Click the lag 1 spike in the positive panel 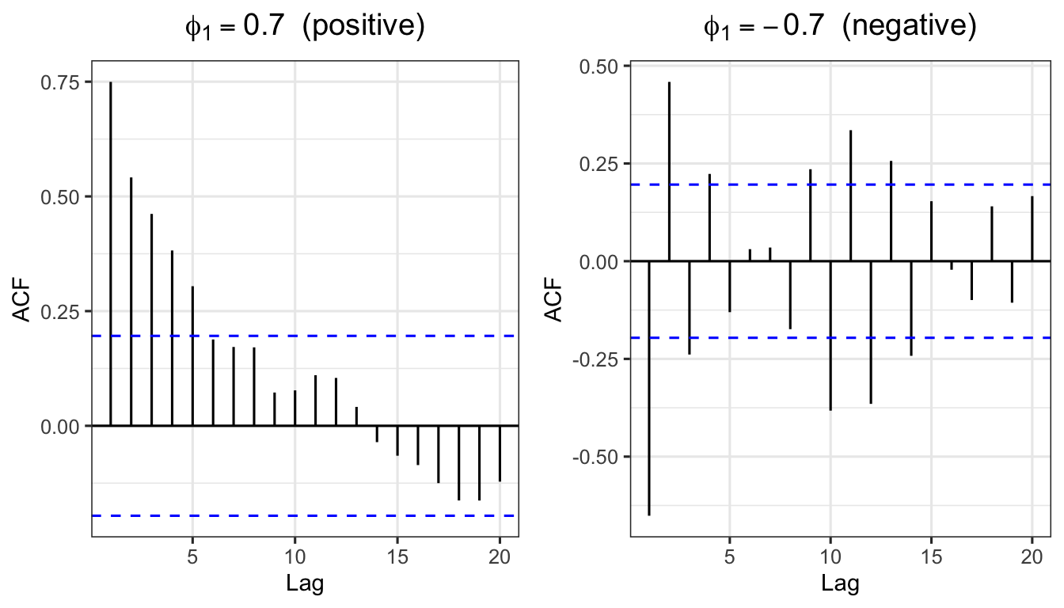pyautogui.click(x=111, y=253)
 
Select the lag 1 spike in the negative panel pyautogui.click(x=649, y=388)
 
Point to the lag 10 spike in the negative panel pyautogui.click(x=830, y=336)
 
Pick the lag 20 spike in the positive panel pyautogui.click(x=500, y=453)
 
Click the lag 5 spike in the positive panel pyautogui.click(x=192, y=356)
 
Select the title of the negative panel pyautogui.click(x=840, y=27)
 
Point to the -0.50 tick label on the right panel pyautogui.click(x=601, y=457)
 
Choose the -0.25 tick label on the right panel pyautogui.click(x=601, y=359)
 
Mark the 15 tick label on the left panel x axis pyautogui.click(x=397, y=557)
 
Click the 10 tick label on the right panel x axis pyautogui.click(x=830, y=557)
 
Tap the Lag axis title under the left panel pyautogui.click(x=305, y=585)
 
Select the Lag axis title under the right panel pyautogui.click(x=840, y=585)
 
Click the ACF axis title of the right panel pyautogui.click(x=557, y=301)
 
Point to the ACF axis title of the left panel pyautogui.click(x=22, y=301)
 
